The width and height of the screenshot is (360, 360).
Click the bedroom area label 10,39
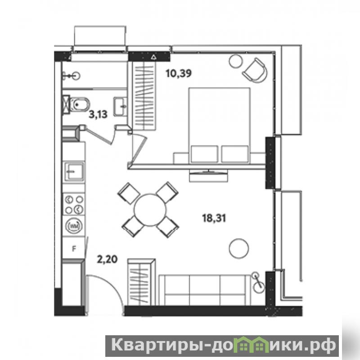pos(179,73)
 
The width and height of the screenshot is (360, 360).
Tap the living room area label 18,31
pos(214,218)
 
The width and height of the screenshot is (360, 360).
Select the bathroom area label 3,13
pos(98,114)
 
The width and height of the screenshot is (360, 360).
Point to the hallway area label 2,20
pos(107,260)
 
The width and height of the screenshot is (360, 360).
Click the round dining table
pos(150,210)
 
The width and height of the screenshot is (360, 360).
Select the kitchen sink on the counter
pos(74,171)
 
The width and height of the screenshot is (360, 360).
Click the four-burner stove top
pos(74,204)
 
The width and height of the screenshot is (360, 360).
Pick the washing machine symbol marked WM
pos(74,226)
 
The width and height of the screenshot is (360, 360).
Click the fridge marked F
pos(74,248)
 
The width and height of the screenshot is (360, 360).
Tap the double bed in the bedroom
pos(219,126)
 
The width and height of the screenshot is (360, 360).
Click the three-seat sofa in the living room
pos(205,290)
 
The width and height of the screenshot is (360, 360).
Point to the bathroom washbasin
pos(120,107)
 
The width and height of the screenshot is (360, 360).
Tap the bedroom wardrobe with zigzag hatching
pos(144,96)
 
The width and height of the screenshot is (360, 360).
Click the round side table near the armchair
pos(235,61)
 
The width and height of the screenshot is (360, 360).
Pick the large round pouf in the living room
pos(239,248)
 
